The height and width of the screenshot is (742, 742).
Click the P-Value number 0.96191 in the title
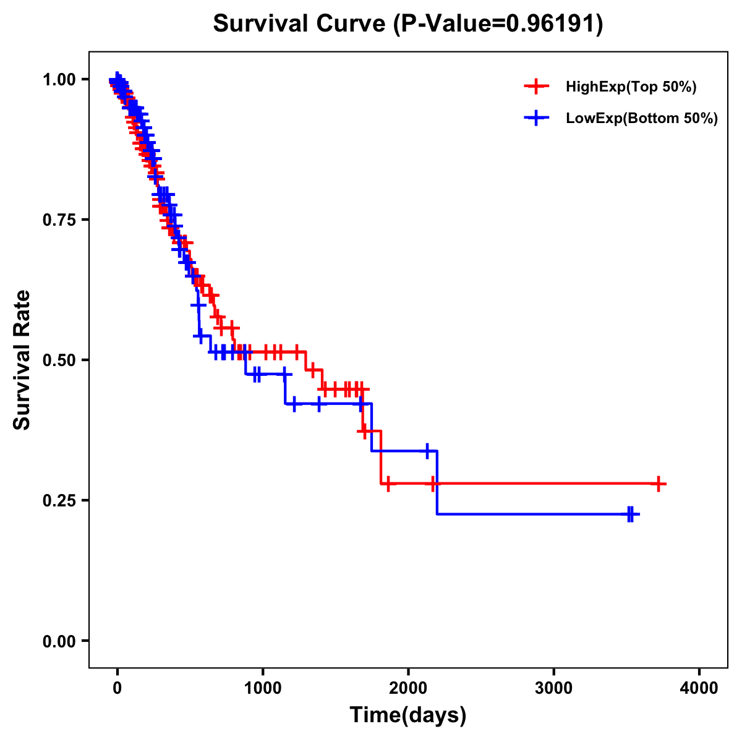pyautogui.click(x=552, y=24)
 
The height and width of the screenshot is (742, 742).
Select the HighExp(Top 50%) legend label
pyautogui.click(x=631, y=87)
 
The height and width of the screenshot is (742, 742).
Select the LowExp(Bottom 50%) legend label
pyautogui.click(x=642, y=119)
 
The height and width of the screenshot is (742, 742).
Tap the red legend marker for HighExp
pyautogui.click(x=536, y=87)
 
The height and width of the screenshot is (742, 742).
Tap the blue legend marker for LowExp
pyautogui.click(x=536, y=118)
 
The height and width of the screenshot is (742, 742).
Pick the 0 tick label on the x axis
pyautogui.click(x=117, y=688)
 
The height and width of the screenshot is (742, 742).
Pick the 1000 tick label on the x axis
pyautogui.click(x=263, y=688)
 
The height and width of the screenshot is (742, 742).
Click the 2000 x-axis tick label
pyautogui.click(x=408, y=688)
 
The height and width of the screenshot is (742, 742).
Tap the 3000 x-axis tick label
pyautogui.click(x=554, y=688)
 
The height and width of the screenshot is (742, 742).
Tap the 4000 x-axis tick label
pyautogui.click(x=699, y=688)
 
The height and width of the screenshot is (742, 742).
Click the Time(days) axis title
pyautogui.click(x=408, y=715)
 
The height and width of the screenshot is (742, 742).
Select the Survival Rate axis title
pyautogui.click(x=22, y=360)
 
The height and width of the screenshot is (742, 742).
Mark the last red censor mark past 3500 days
pyautogui.click(x=659, y=484)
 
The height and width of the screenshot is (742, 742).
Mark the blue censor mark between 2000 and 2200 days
pyautogui.click(x=427, y=451)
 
